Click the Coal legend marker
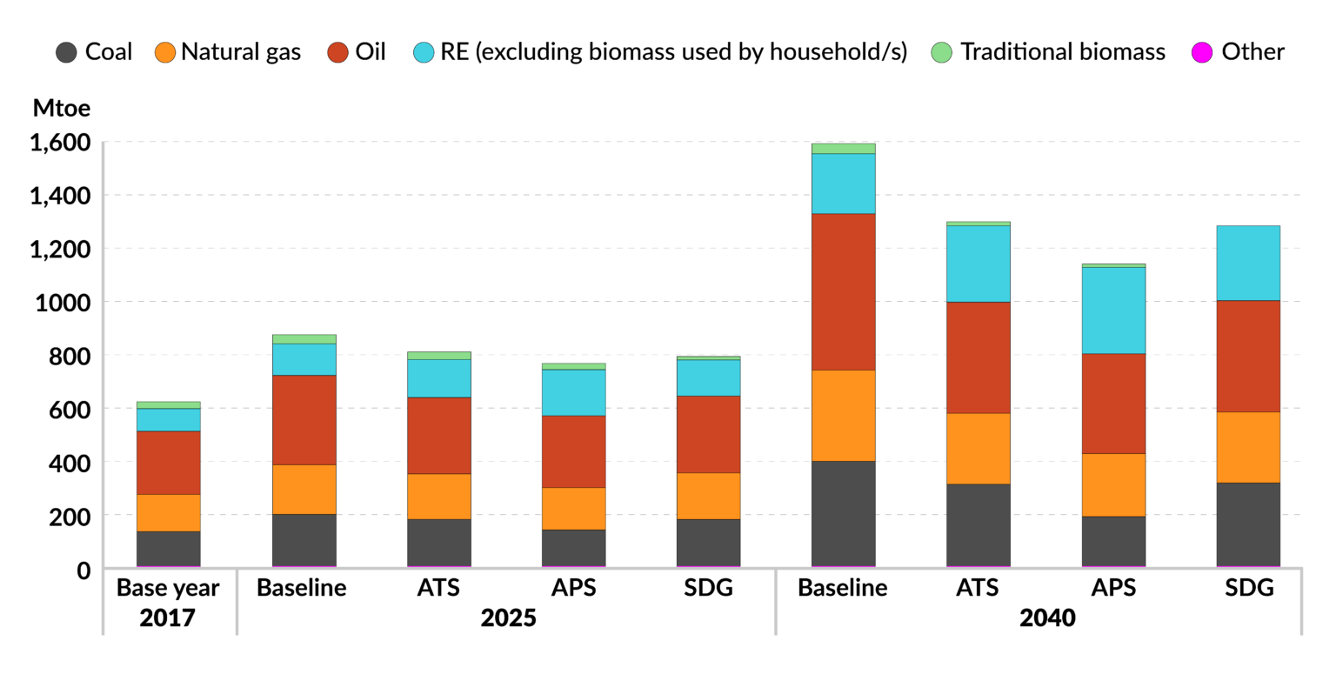pos(66,52)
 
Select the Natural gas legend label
pos(241,52)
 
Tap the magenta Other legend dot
pos(1202,52)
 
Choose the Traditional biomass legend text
pos(1063,52)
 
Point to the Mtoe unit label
pos(62,108)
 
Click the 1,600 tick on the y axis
pos(60,143)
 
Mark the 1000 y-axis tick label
pos(63,303)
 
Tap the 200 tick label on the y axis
pos(70,517)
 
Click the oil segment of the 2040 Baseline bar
pos(844,291)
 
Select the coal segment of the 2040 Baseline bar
pos(844,514)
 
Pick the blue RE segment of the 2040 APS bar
pos(1113,310)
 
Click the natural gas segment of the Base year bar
pos(169,513)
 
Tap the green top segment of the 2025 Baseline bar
pos(304,339)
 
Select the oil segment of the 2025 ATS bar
pos(439,436)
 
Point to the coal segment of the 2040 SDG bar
pos(1248,524)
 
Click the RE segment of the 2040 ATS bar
pos(979,264)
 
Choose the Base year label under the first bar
pos(168,588)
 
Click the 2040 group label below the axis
pos(1047,618)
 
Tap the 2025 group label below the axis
pos(508,618)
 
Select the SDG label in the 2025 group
pos(709,588)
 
